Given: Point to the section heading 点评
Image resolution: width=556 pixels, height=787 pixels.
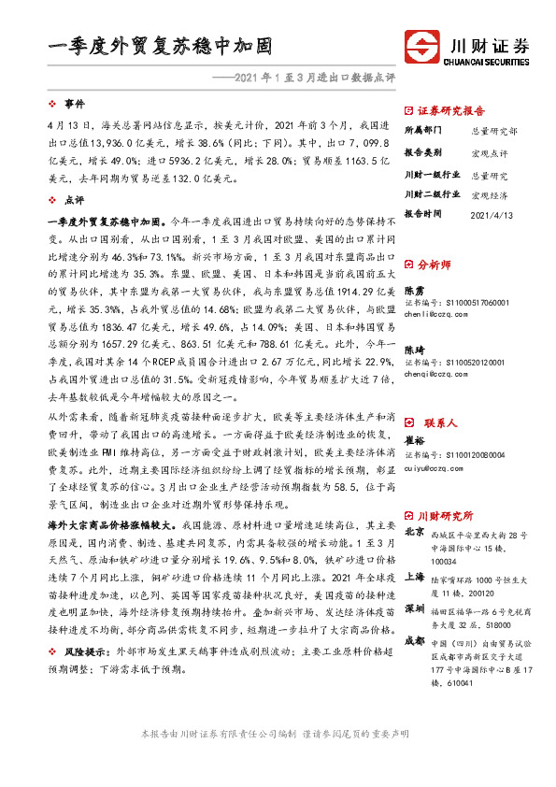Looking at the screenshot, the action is tap(75, 200).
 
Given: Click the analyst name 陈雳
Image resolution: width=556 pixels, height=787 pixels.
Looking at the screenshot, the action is tap(413, 292).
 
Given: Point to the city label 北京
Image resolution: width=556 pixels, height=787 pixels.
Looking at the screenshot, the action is tap(414, 532).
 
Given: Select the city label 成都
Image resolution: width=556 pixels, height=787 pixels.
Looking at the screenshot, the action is tap(414, 642).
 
